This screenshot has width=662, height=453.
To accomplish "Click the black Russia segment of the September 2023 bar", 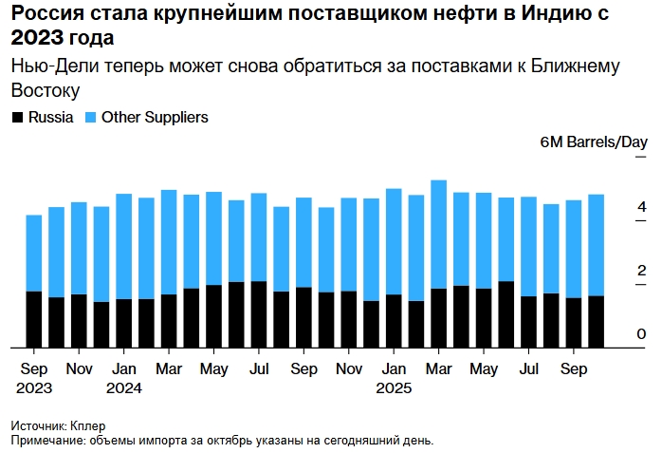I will (34, 319).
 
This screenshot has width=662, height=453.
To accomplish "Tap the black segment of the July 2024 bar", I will (259, 314).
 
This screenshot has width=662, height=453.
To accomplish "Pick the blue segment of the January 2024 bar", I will (124, 247).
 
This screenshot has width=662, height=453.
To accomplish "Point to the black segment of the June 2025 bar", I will (506, 314).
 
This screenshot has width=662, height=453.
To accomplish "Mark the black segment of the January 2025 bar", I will (394, 321).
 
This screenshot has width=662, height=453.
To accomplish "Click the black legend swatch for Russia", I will (17, 118).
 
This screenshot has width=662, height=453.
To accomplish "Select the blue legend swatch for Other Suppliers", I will (90, 118).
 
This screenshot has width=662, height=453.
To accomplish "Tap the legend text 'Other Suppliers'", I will (155, 118).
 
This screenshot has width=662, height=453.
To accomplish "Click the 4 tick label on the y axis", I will (642, 207).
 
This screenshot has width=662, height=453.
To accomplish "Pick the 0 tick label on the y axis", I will (642, 334).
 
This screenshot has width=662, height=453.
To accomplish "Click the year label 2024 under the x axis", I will (124, 387).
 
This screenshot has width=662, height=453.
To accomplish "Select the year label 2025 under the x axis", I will (394, 387).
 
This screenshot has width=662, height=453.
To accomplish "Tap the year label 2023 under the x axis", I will (34, 387).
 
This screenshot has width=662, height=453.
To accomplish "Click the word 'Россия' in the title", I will (44, 15).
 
